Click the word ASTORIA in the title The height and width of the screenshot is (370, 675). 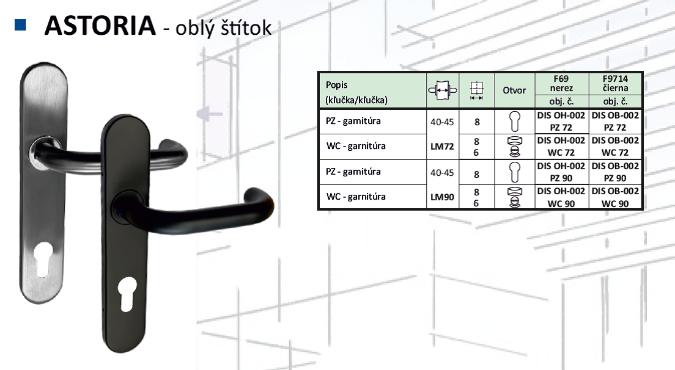pyautogui.click(x=100, y=26)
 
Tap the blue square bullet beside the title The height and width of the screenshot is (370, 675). pyautogui.click(x=20, y=25)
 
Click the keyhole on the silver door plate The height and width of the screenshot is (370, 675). pyautogui.click(x=43, y=259)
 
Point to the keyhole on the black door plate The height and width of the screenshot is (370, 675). pyautogui.click(x=127, y=294)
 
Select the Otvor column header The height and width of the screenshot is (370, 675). pyautogui.click(x=514, y=90)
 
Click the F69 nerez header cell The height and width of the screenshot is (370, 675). pyautogui.click(x=561, y=84)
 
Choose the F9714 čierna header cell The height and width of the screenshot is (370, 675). pyautogui.click(x=616, y=84)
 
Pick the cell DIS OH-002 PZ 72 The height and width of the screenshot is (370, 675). pyautogui.click(x=561, y=121)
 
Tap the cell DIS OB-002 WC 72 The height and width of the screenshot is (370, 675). pyautogui.click(x=616, y=146)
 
